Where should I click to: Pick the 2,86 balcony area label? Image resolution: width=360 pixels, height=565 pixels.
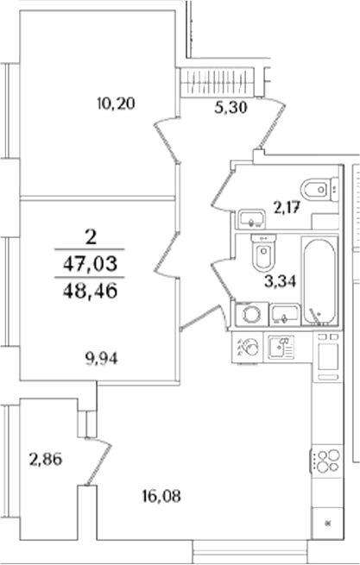pyautogui.click(x=45, y=459)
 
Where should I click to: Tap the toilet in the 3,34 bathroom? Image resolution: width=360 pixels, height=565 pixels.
pyautogui.click(x=263, y=252)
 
